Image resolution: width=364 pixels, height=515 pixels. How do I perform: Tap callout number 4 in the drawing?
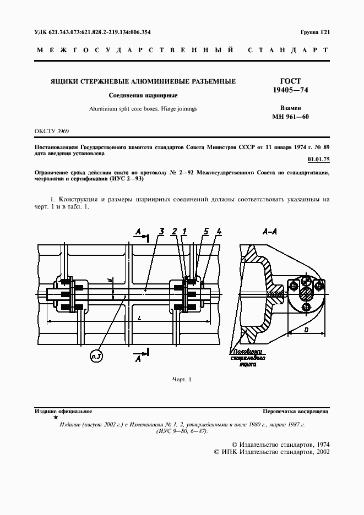[x=219, y=231]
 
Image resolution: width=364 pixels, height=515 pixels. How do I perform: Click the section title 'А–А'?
[x=270, y=233]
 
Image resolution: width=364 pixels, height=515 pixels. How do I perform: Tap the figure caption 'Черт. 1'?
[x=181, y=380]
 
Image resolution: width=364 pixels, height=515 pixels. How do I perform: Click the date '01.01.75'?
[x=318, y=160]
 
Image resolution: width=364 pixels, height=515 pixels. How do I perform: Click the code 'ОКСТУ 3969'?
[x=52, y=131]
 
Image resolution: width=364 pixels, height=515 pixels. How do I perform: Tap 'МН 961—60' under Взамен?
[x=290, y=117]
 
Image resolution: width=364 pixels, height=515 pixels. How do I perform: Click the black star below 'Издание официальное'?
[x=55, y=418]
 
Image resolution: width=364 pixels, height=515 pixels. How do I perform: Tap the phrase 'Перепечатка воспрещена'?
[x=296, y=411]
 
